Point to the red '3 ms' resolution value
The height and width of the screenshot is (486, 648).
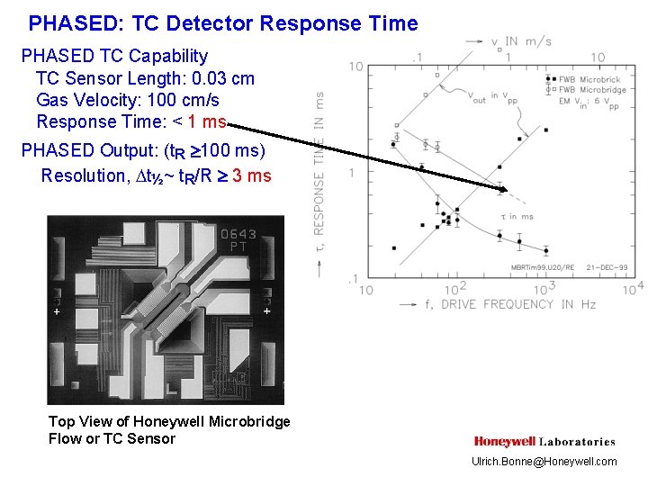[252, 175]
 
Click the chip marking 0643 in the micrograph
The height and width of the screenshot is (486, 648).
[238, 234]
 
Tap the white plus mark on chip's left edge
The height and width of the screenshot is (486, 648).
[57, 311]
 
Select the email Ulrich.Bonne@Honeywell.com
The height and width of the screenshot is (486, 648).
[544, 462]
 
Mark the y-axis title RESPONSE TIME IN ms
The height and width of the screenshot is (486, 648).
[319, 171]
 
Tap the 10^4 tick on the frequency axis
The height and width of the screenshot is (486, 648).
[633, 289]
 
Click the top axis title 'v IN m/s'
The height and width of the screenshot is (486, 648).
[522, 41]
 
